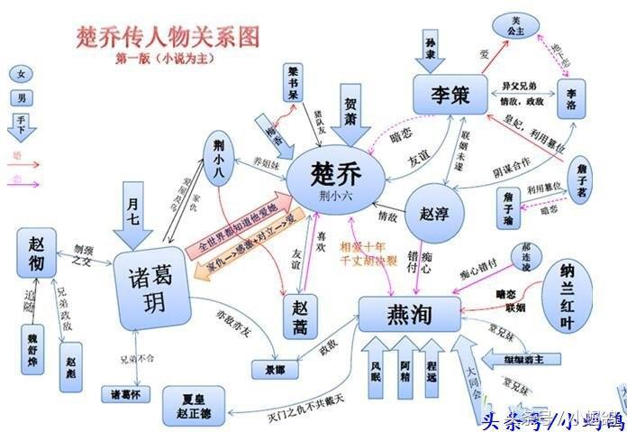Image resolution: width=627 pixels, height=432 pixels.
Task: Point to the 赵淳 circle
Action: pyautogui.click(x=433, y=216)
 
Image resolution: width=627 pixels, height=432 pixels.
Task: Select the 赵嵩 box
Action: pyautogui.click(x=301, y=317)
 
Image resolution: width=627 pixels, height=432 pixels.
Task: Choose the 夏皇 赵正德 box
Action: pyautogui.click(x=191, y=404)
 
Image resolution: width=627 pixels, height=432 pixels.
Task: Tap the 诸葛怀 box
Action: pyautogui.click(x=127, y=394)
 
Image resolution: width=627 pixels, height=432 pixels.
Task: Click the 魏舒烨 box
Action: pyautogui.click(x=38, y=354)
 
